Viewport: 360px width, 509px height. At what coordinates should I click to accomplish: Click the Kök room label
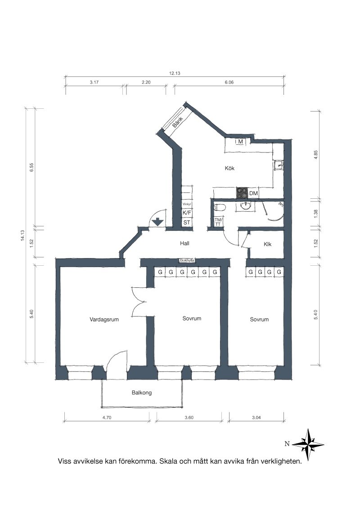pyautogui.click(x=229, y=168)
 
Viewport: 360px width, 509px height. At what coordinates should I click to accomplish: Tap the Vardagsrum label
pyautogui.click(x=104, y=319)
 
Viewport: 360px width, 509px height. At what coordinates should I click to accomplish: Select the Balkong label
pyautogui.click(x=142, y=393)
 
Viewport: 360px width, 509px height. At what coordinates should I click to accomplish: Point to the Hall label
pyautogui.click(x=184, y=243)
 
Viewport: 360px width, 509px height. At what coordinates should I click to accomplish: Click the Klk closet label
pyautogui.click(x=267, y=244)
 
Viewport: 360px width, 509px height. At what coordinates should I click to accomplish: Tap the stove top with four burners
pyautogui.click(x=242, y=193)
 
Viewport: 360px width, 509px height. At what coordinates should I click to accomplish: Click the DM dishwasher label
pyautogui.click(x=253, y=193)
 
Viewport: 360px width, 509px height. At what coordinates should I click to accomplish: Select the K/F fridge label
pyautogui.click(x=187, y=213)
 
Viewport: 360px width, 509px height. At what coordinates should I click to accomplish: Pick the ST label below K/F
pyautogui.click(x=186, y=223)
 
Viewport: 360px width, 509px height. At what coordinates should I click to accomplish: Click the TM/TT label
pyautogui.click(x=218, y=222)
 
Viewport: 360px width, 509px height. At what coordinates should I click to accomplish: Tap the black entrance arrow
pyautogui.click(x=157, y=222)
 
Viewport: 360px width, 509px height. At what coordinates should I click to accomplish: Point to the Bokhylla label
pyautogui.click(x=187, y=260)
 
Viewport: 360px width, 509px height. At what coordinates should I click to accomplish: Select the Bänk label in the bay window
pyautogui.click(x=177, y=121)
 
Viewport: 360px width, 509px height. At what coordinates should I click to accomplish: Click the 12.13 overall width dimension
pyautogui.click(x=175, y=73)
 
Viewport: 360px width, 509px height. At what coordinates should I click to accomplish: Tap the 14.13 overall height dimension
pyautogui.click(x=22, y=235)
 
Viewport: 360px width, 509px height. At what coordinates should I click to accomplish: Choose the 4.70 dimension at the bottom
pyautogui.click(x=107, y=417)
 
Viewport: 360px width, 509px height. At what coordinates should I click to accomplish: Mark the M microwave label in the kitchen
pyautogui.click(x=241, y=142)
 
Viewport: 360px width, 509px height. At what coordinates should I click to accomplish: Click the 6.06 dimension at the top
pyautogui.click(x=229, y=82)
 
